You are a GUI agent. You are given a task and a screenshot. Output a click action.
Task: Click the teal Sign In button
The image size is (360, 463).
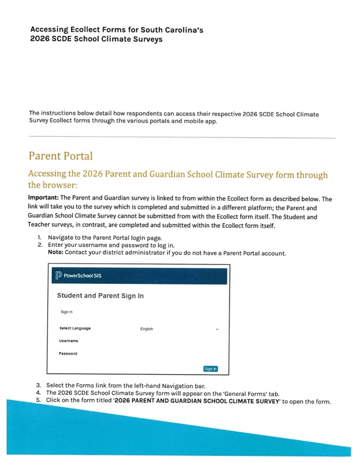coord(211,368)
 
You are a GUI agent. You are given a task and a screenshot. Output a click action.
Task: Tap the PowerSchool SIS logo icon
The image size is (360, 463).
coord(60,276)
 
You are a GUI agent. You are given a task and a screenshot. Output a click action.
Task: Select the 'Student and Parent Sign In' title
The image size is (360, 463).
coord(100,296)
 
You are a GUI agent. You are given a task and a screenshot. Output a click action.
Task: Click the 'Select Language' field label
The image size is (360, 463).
coord(75,329)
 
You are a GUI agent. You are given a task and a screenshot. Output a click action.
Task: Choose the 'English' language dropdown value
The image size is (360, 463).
coord(147,329)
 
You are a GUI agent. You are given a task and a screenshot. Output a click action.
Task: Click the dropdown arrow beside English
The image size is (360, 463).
coord(217,329)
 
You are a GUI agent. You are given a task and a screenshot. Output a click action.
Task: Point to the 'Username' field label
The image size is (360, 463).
coord(68,341)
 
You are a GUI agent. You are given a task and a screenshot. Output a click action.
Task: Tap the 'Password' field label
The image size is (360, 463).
coord(68,353)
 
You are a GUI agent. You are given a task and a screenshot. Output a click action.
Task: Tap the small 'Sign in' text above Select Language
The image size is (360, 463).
coord(67,311)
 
